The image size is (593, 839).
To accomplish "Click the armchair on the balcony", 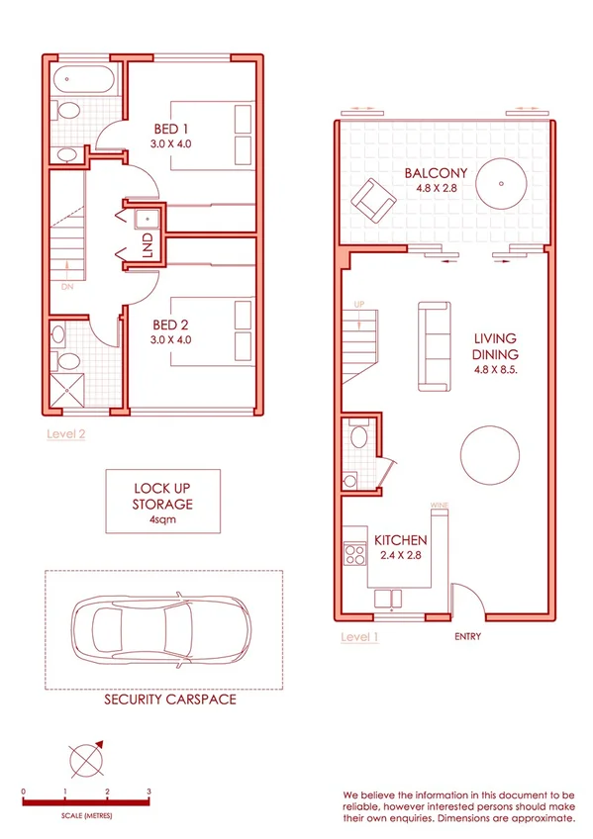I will (377, 200).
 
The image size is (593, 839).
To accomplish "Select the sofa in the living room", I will (433, 344).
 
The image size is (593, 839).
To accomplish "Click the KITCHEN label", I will (401, 541).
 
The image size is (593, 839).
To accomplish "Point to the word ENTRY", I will (467, 636).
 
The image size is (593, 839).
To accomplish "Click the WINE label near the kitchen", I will (439, 507).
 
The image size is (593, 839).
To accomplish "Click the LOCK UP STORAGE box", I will (163, 502).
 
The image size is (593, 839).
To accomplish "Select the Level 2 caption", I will (66, 433).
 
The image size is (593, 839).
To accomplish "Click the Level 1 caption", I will (359, 636).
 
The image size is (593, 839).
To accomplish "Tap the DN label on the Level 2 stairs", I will (66, 287).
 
